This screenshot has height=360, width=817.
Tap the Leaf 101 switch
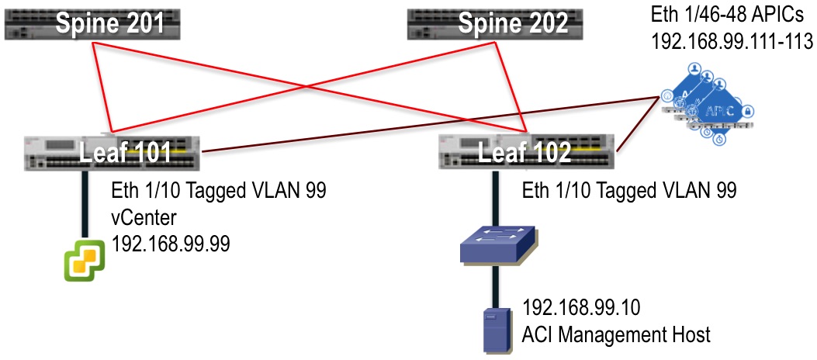(x=112, y=152)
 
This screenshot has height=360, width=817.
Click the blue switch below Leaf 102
(x=495, y=247)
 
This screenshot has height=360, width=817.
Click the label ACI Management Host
(x=617, y=335)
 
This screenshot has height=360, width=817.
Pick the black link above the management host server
(x=495, y=286)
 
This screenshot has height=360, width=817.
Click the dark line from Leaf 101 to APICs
(x=427, y=123)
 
